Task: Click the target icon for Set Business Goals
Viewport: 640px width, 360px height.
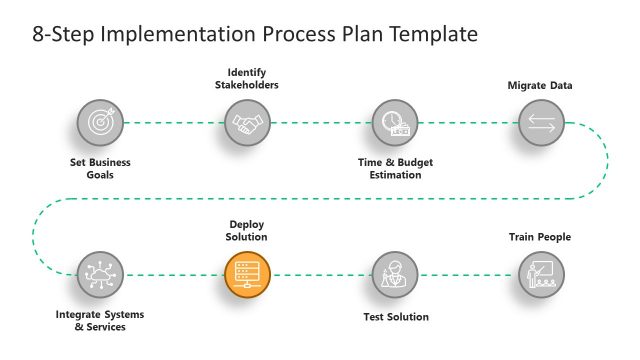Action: coord(100,123)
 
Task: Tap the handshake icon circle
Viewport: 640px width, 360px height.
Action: coord(247,123)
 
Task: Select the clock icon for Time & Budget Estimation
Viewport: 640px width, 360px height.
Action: coord(394,123)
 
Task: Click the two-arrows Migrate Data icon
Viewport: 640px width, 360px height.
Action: coord(541,123)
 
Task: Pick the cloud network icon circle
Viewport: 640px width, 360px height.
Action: coord(100,273)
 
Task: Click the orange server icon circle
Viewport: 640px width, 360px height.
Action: coord(247,273)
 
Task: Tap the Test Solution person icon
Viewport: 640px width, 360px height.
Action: coord(394,273)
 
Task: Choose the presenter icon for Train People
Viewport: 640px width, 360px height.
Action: coord(541,273)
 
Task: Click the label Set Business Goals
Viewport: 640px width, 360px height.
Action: coord(100,168)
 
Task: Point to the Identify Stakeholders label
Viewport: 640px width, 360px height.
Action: coord(247,78)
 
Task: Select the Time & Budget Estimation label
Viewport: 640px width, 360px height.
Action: coord(394,168)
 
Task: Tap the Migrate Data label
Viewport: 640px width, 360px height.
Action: coord(540,86)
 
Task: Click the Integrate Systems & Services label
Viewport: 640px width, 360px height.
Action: coord(91,320)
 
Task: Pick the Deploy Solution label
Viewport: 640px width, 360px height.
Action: coord(247,230)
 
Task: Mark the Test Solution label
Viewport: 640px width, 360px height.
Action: coord(395,317)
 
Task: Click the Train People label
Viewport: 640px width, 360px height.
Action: coord(540,237)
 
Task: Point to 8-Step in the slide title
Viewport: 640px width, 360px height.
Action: coord(56,35)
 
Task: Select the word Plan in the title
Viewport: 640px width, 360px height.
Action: coord(352,35)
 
